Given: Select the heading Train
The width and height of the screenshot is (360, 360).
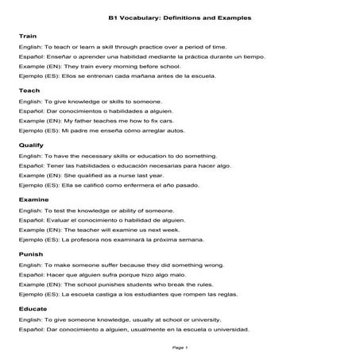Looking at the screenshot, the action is tap(27, 37).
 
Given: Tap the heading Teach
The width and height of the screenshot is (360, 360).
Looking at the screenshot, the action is tap(28, 91).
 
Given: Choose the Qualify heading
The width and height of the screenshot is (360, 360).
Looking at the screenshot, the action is tap(30, 145).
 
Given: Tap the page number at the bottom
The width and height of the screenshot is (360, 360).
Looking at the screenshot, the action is tap(180, 347).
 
